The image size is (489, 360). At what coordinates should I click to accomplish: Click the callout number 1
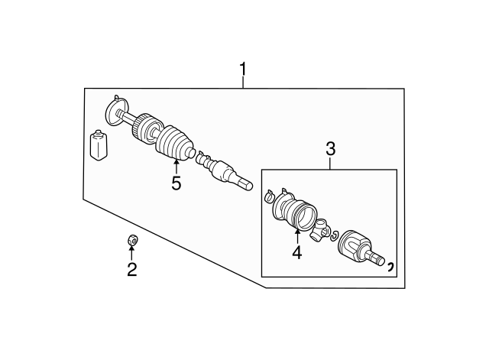pyautogui.click(x=243, y=73)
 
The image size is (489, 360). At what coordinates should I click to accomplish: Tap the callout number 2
pyautogui.click(x=131, y=269)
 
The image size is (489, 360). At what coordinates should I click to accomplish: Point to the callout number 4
pyautogui.click(x=296, y=251)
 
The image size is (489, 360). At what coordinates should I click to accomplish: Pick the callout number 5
pyautogui.click(x=176, y=183)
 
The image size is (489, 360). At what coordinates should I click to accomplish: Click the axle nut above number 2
pyautogui.click(x=131, y=242)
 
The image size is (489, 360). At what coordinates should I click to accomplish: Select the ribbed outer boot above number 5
pyautogui.click(x=173, y=144)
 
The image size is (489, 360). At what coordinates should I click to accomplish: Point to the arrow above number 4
pyautogui.click(x=296, y=232)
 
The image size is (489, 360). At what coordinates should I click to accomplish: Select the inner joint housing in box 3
pyautogui.click(x=354, y=246)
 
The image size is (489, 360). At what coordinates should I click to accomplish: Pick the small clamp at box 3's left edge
pyautogui.click(x=268, y=198)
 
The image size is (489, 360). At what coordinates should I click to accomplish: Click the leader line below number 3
pyautogui.click(x=330, y=163)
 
